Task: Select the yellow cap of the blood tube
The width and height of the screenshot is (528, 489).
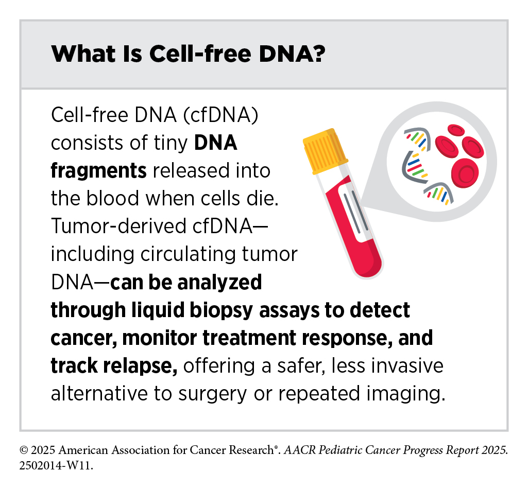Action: (325, 151)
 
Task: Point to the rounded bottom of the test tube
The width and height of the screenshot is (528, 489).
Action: (369, 266)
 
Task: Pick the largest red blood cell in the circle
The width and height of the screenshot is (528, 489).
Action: (465, 172)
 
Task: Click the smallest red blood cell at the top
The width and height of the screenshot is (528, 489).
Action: (456, 130)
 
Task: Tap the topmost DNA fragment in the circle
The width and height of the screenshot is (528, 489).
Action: (418, 138)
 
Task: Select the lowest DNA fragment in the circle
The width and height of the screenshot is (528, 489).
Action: (439, 194)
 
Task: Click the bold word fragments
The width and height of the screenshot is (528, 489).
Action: (99, 170)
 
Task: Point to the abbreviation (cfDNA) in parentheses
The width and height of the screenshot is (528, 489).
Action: (221, 115)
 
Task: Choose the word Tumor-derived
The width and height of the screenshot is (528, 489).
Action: (118, 225)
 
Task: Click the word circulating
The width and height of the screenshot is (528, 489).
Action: (188, 254)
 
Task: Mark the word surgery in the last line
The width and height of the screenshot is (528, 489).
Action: (212, 394)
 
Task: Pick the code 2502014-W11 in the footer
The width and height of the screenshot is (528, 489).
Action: (56, 466)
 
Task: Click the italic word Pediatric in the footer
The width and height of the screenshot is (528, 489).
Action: (340, 450)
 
